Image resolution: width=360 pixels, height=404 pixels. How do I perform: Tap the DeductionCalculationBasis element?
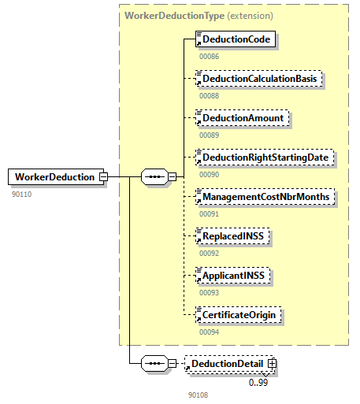(x=256, y=79)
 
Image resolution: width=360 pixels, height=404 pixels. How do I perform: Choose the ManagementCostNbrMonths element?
(x=264, y=196)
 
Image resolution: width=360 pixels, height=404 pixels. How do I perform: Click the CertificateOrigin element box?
(x=240, y=314)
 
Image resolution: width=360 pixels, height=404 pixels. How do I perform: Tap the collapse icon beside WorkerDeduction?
(x=102, y=177)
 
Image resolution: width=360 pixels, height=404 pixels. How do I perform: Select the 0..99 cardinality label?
(x=259, y=382)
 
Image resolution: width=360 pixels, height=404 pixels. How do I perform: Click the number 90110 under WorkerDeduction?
(x=22, y=193)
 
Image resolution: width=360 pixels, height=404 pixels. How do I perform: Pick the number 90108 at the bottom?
(x=198, y=395)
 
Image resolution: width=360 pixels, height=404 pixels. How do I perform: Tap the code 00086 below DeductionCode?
(x=209, y=56)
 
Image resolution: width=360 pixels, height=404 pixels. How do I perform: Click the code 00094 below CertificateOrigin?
(x=209, y=332)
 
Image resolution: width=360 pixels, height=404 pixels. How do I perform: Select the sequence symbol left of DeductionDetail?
(x=156, y=364)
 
